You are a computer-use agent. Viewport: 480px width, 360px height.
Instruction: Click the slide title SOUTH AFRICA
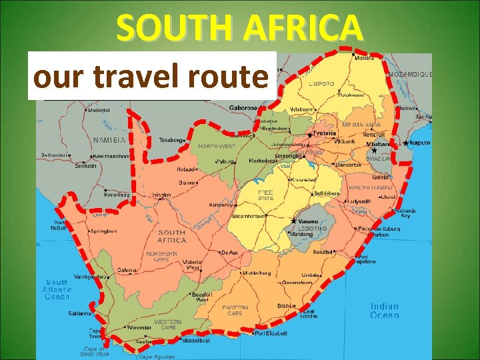(x=240, y=28)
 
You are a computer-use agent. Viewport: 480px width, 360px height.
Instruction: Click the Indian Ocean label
(x=385, y=311)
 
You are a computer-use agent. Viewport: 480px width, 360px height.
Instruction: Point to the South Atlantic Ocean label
(x=57, y=289)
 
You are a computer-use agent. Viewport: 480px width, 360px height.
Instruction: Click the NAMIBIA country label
(x=109, y=140)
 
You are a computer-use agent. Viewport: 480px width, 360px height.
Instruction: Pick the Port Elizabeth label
(x=271, y=333)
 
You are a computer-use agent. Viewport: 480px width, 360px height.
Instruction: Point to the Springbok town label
(x=105, y=231)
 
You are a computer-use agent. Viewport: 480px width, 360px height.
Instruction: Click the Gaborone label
(x=244, y=107)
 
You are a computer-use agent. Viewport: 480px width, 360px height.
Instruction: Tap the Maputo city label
(x=419, y=142)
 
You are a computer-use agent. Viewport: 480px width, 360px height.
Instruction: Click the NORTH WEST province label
(x=216, y=146)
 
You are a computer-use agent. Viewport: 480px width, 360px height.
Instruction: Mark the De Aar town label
(x=230, y=253)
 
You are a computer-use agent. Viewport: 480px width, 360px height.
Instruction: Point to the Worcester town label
(x=139, y=329)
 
